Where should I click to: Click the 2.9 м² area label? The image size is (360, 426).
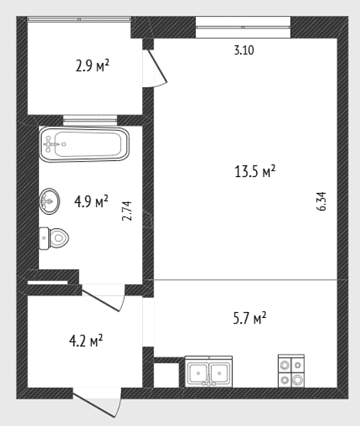pyautogui.click(x=93, y=66)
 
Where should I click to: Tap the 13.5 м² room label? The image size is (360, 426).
pyautogui.click(x=255, y=171)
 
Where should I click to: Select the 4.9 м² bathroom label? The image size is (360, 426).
pyautogui.click(x=91, y=201)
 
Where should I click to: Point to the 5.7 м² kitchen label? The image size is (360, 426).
pyautogui.click(x=249, y=318)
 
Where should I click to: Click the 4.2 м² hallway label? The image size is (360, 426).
pyautogui.click(x=86, y=341)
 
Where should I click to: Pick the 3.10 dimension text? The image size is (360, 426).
pyautogui.click(x=244, y=50)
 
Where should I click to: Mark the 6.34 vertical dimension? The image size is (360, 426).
pyautogui.click(x=321, y=201)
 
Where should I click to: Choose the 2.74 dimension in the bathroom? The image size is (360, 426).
pyautogui.click(x=127, y=211)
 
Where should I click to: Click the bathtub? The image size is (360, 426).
pyautogui.click(x=84, y=144)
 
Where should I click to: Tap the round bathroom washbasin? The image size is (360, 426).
pyautogui.click(x=50, y=201)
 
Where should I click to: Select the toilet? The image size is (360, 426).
pyautogui.click(x=54, y=238)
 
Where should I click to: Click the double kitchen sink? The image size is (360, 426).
pyautogui.click(x=208, y=372)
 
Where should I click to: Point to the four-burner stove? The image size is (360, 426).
pyautogui.click(x=291, y=371)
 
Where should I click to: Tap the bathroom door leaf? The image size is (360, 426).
pyautogui.click(x=101, y=301)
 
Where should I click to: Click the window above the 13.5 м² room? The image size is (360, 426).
pyautogui.click(x=243, y=27)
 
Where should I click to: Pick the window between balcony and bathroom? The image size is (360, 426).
pyautogui.click(x=90, y=120)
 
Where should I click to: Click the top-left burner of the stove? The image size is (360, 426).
pyautogui.click(x=284, y=365)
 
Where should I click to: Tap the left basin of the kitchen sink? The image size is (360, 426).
pyautogui.click(x=198, y=373)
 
